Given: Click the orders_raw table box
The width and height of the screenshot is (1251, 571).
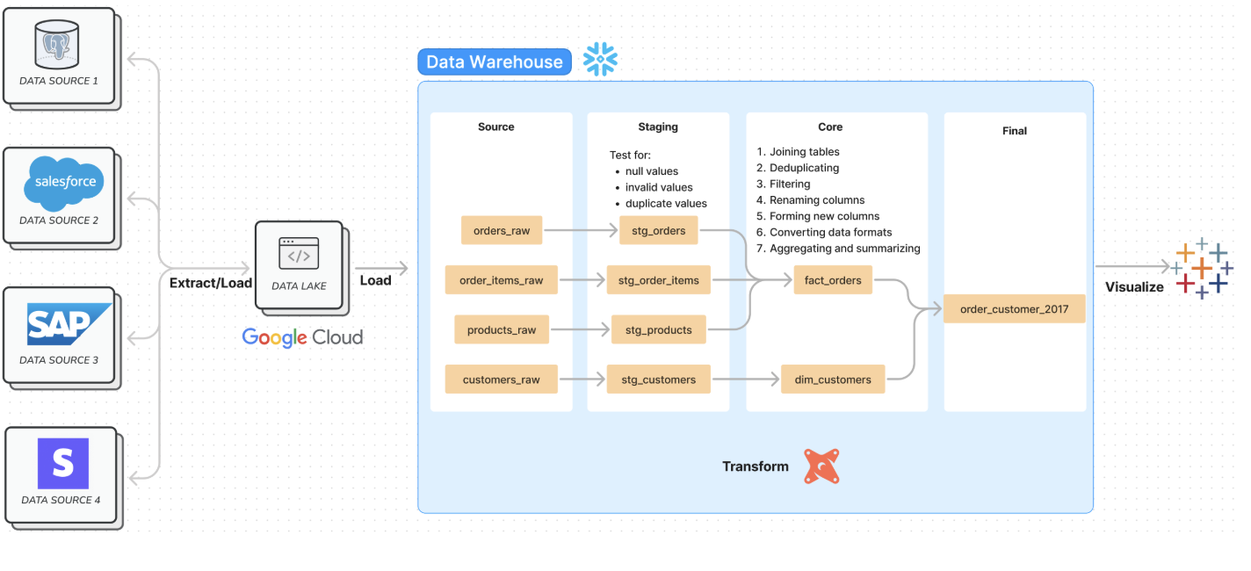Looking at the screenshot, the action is [501, 230].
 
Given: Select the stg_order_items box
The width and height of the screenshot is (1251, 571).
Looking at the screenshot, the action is [659, 280].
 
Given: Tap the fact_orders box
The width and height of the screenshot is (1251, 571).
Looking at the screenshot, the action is [833, 280].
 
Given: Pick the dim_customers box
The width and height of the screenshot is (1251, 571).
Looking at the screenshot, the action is [833, 379].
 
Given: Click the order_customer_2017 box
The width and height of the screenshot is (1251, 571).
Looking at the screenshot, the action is [1014, 309].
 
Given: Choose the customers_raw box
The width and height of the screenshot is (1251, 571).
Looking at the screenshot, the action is [501, 379].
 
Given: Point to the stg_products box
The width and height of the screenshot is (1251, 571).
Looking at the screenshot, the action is [659, 329].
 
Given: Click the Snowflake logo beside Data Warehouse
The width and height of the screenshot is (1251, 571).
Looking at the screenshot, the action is [600, 59].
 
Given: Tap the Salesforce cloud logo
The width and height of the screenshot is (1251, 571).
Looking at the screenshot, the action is [63, 183].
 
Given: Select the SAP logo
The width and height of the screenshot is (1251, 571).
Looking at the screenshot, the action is [69, 324].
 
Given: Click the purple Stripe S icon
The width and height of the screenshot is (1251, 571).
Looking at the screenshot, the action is [63, 463].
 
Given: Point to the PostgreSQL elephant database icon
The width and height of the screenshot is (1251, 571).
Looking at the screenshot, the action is [56, 45].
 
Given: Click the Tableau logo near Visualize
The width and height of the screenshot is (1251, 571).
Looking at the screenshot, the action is [1201, 269].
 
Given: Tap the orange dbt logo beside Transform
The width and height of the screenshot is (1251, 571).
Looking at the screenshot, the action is [821, 466].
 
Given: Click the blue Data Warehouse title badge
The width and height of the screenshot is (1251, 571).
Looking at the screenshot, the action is [495, 61].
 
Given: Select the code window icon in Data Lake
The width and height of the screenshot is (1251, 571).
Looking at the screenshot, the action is [299, 253].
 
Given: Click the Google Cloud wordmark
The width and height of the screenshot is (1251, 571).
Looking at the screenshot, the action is [302, 337].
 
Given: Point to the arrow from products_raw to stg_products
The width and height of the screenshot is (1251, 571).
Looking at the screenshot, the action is [580, 329].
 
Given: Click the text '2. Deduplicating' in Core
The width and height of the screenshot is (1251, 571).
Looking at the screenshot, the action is [798, 168].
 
